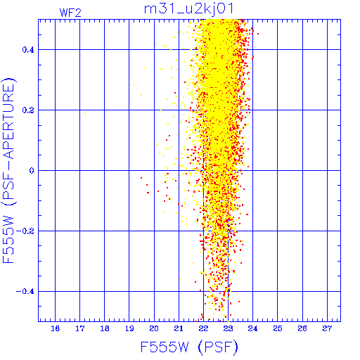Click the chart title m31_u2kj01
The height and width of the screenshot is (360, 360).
pyautogui.click(x=188, y=9)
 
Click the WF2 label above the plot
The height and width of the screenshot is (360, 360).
pyautogui.click(x=70, y=13)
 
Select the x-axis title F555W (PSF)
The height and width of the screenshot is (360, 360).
pyautogui.click(x=189, y=347)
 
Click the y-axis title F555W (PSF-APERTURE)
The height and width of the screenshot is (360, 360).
pyautogui.click(x=8, y=170)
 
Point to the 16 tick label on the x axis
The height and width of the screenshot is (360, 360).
pyautogui.click(x=55, y=328)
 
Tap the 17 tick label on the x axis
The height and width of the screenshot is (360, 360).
pyautogui.click(x=79, y=328)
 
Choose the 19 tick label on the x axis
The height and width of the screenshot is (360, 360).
pyautogui.click(x=129, y=328)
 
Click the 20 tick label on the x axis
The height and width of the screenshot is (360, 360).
pyautogui.click(x=154, y=328)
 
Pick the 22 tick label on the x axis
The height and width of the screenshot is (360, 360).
pyautogui.click(x=203, y=328)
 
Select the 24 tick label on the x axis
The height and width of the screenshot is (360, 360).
pyautogui.click(x=252, y=328)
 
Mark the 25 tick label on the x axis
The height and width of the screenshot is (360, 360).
pyautogui.click(x=278, y=328)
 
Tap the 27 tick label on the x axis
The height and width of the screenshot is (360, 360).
pyautogui.click(x=327, y=328)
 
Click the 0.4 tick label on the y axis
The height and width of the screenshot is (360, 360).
pyautogui.click(x=28, y=50)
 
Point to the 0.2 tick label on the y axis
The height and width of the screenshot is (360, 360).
pyautogui.click(x=28, y=110)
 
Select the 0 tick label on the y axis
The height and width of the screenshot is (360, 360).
pyautogui.click(x=32, y=171)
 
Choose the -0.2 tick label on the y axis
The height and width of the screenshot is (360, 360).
pyautogui.click(x=25, y=231)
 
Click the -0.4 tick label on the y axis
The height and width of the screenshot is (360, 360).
pyautogui.click(x=25, y=292)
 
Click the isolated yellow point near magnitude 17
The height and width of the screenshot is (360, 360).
pyautogui.click(x=85, y=114)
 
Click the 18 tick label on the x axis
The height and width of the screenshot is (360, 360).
pyautogui.click(x=105, y=328)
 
